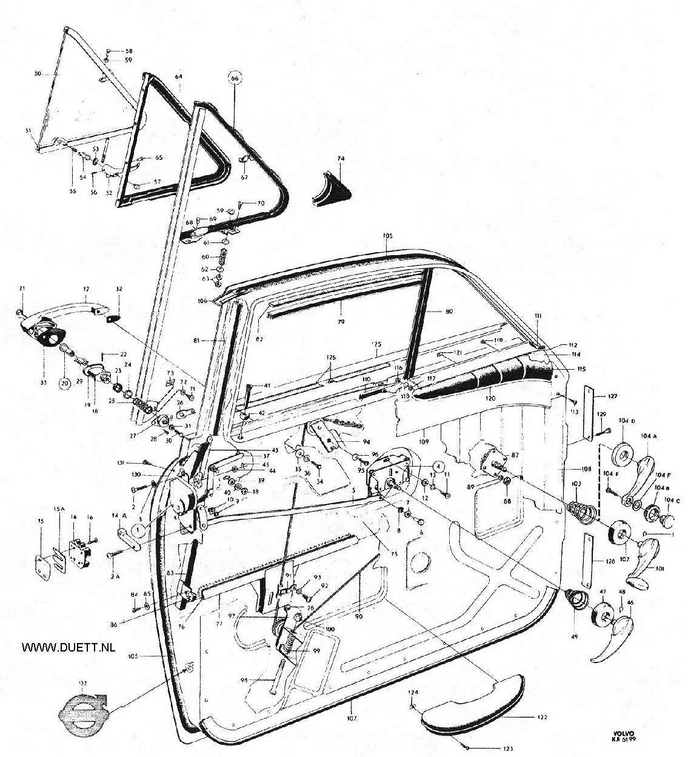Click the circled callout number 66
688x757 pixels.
tap(235, 79)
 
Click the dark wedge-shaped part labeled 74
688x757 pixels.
tap(333, 188)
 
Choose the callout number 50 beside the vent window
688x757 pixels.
tap(37, 73)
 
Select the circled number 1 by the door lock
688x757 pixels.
tap(138, 529)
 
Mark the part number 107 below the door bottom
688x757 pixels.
tap(353, 719)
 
